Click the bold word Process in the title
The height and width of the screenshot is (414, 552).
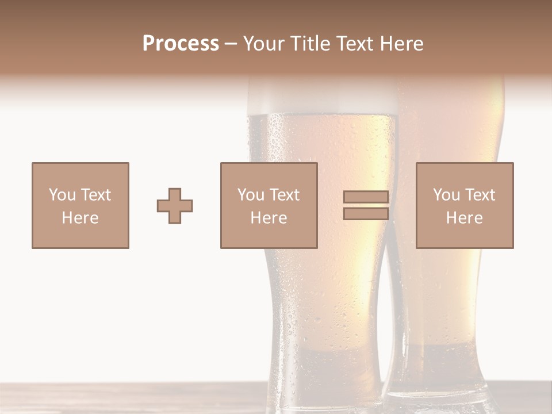(x=181, y=44)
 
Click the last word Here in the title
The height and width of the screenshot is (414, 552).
(x=404, y=44)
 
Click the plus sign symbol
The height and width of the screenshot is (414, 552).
(x=175, y=206)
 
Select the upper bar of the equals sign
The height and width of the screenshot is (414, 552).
(x=366, y=197)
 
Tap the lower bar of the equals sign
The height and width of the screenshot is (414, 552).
(x=366, y=214)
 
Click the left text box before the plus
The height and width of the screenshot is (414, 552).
(x=80, y=205)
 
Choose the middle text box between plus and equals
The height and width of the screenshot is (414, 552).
(x=269, y=205)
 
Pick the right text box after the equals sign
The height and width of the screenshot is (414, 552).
(x=464, y=205)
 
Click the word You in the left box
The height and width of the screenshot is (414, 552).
(x=62, y=195)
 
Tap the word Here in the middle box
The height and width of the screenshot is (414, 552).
(x=269, y=218)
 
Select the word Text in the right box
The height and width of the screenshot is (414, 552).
(x=480, y=195)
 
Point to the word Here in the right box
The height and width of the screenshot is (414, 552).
(x=464, y=218)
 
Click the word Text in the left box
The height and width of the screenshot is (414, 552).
(x=95, y=195)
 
